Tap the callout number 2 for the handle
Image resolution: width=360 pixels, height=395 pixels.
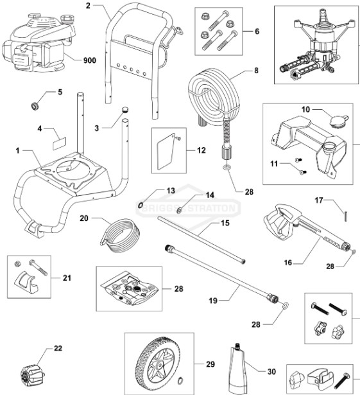(x=89, y=6)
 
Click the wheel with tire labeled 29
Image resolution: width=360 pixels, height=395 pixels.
(x=155, y=364)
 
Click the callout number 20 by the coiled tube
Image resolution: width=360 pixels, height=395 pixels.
(x=84, y=218)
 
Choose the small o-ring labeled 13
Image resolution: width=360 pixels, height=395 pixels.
(x=140, y=204)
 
